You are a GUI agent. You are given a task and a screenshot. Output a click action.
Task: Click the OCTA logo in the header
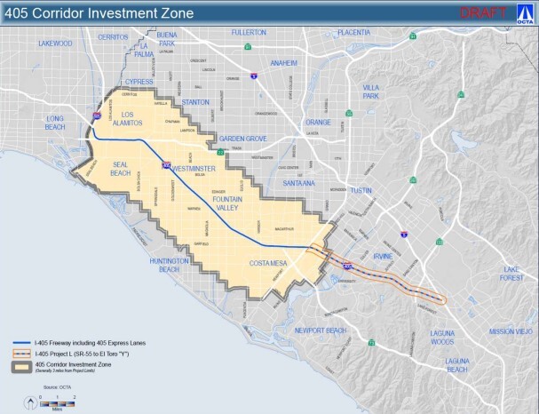(x=525, y=13)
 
